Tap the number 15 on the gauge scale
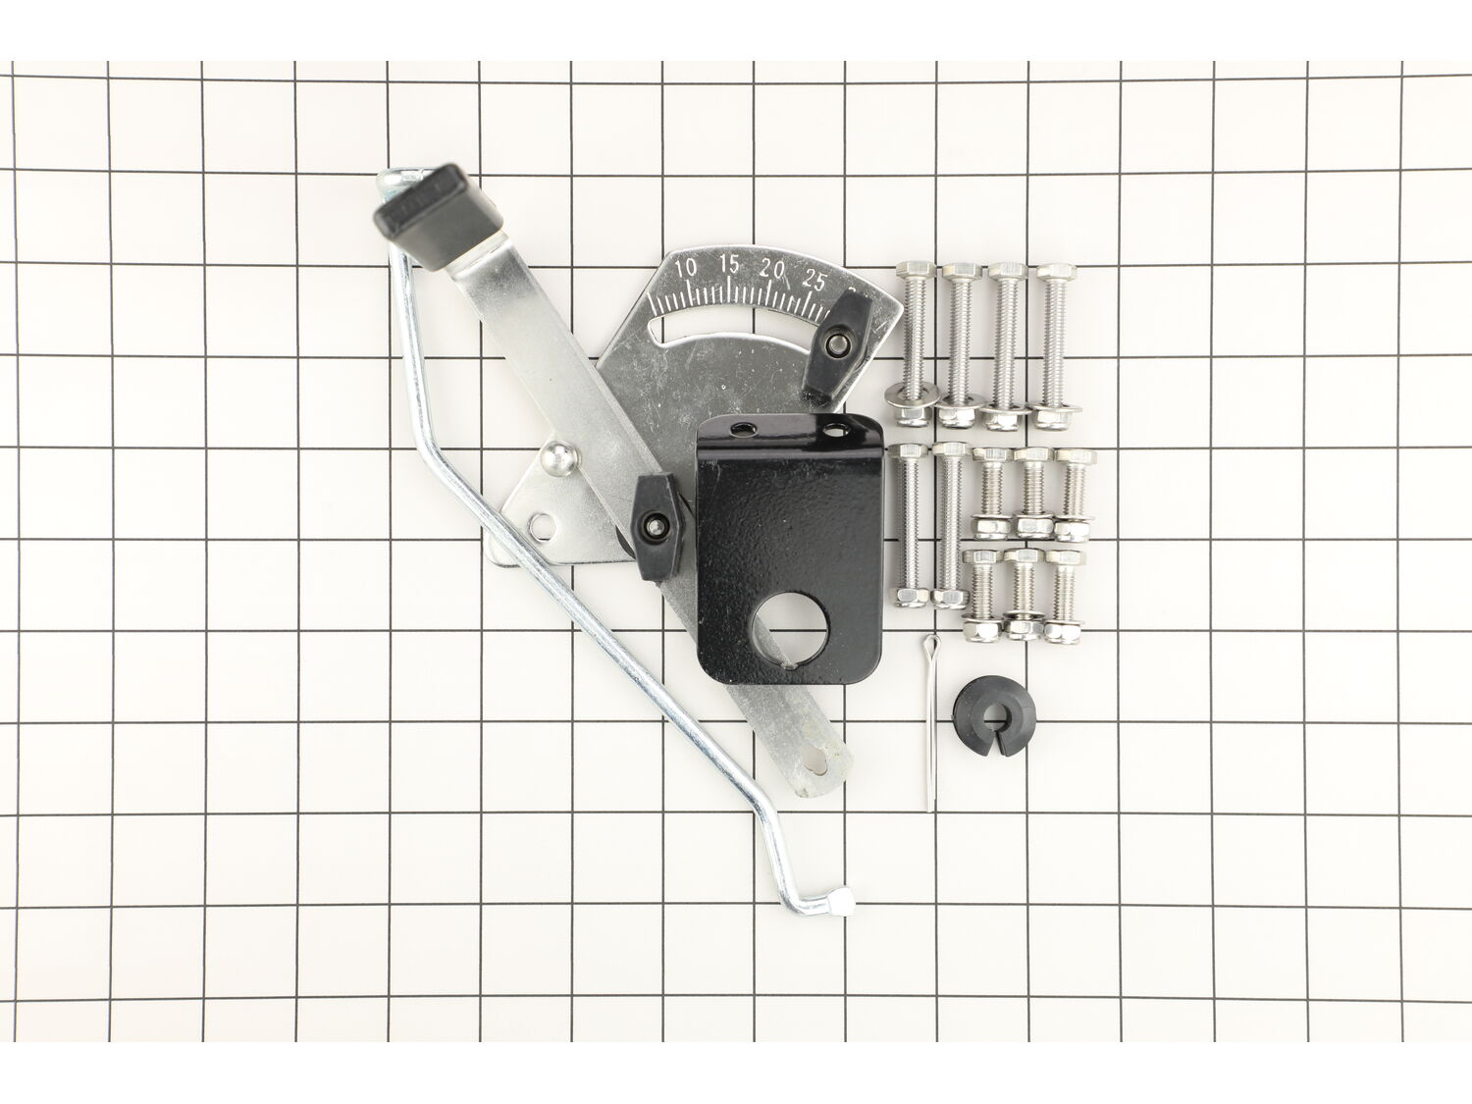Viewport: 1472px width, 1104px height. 728,265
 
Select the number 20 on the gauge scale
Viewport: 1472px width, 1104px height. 772,270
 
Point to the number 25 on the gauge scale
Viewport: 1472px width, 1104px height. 815,281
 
